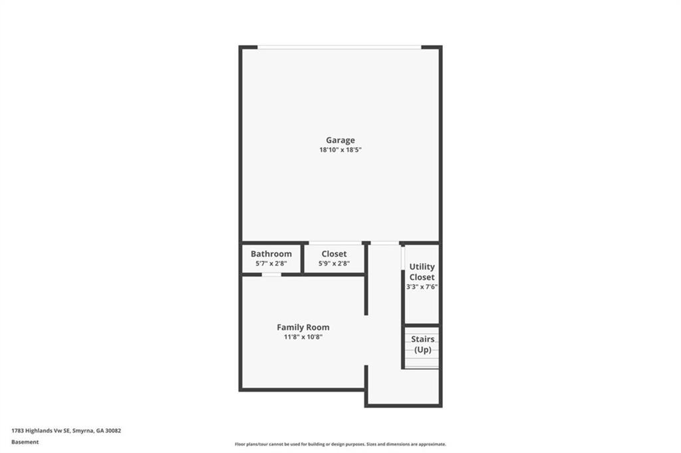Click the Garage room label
pos(340,140)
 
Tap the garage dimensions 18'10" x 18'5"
pos(340,150)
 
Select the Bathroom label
pos(271,254)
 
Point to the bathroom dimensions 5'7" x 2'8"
pos(271,263)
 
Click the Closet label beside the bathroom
pos(334,254)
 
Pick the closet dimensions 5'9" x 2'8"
pos(334,263)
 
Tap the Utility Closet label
pos(422,272)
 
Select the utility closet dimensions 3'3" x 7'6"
pos(422,287)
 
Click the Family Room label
pos(303,327)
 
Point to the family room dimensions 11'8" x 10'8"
pos(303,337)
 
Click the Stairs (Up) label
pos(422,345)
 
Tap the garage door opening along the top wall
pos(339,47)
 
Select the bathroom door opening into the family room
pos(271,275)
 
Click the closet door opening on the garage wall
pos(335,243)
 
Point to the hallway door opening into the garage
pos(385,243)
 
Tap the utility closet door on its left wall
pos(403,259)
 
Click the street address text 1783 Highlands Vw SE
pos(41,431)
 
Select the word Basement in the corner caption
pos(25,442)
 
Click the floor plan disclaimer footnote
pos(340,444)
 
